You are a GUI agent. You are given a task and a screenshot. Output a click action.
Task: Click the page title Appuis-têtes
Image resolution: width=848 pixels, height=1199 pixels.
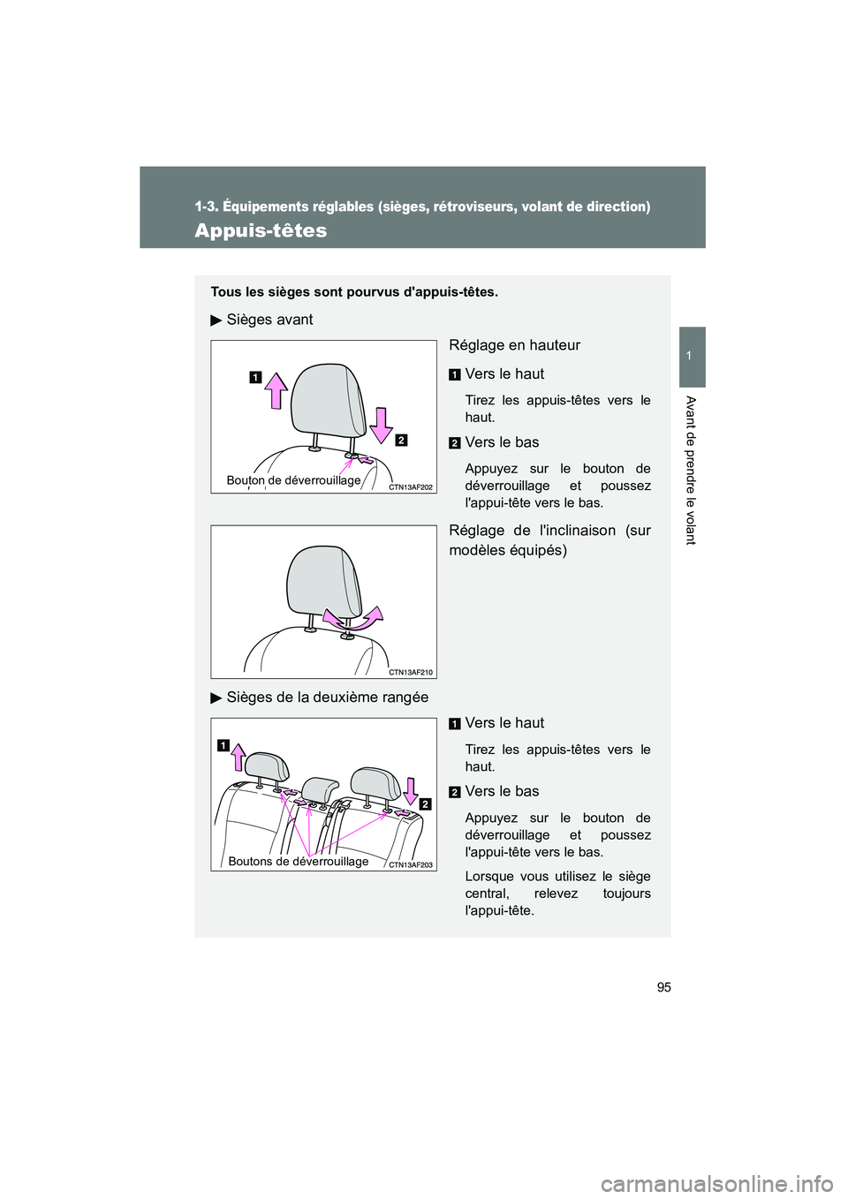click(261, 230)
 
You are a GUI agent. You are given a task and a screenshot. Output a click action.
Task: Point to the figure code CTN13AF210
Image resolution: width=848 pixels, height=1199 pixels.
click(411, 672)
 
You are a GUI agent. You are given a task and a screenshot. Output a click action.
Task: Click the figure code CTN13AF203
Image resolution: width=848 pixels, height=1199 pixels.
click(411, 865)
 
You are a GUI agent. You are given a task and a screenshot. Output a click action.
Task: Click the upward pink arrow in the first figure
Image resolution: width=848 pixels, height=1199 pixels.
click(276, 391)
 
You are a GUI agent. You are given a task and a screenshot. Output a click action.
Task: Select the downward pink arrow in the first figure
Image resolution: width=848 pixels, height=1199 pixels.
click(381, 426)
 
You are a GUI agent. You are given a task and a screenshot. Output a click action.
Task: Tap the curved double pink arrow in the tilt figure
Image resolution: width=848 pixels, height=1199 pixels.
click(353, 618)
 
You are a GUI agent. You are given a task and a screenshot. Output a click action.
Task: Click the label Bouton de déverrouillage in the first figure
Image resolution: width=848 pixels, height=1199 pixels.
click(294, 480)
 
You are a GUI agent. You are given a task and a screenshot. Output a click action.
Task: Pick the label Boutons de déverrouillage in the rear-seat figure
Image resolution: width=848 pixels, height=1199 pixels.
click(299, 861)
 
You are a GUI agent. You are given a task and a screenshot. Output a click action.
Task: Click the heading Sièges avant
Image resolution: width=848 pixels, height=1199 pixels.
click(269, 320)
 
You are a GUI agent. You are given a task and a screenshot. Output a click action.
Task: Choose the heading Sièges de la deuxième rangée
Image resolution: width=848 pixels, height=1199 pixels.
click(328, 698)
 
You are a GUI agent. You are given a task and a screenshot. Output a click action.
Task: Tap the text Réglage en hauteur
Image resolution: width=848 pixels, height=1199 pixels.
click(514, 345)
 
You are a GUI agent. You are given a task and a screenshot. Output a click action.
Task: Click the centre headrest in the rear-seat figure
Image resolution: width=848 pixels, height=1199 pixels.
click(319, 789)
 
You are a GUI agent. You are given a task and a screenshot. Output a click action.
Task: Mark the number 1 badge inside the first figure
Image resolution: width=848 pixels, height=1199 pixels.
click(255, 377)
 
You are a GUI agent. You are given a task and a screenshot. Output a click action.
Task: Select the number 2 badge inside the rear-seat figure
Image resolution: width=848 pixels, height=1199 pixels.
click(426, 804)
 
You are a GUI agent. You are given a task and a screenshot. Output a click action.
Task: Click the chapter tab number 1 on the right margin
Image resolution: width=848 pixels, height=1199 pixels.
click(693, 356)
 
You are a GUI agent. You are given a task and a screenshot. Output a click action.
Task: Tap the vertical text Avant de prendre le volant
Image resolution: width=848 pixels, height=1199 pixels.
click(691, 471)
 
